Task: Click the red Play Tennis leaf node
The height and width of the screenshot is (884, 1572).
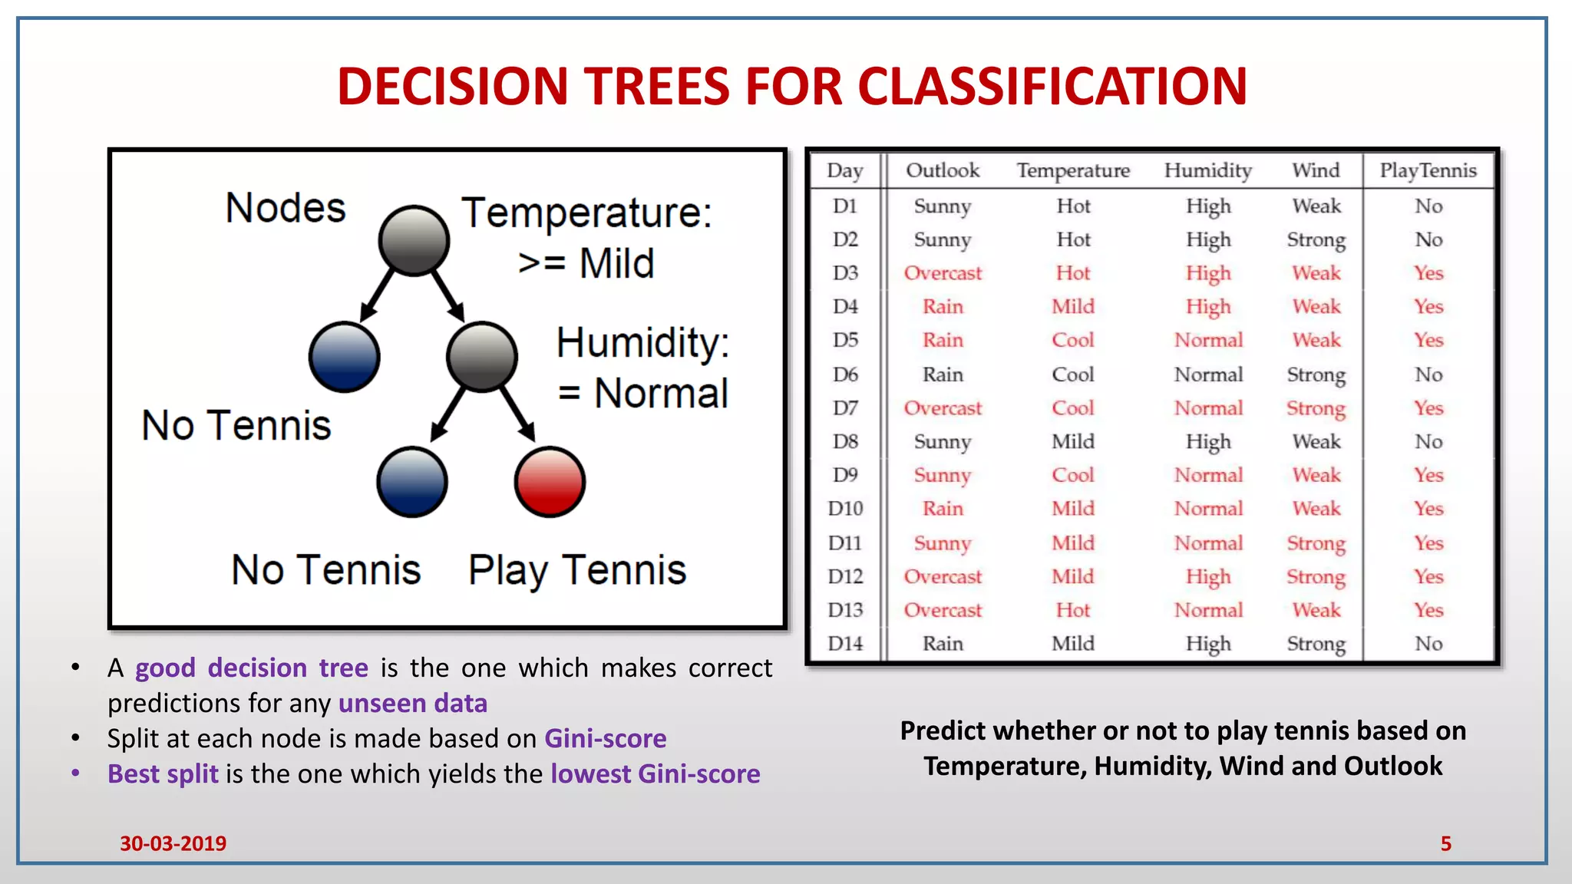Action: coord(550,482)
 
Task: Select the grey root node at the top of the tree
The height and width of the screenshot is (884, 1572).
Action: coord(414,240)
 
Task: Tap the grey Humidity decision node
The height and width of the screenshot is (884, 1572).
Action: coord(482,357)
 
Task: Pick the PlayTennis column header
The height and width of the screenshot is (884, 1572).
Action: coord(1428,170)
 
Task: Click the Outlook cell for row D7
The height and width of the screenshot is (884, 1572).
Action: coord(943,408)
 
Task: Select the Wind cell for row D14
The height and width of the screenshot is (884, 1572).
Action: coord(1316,644)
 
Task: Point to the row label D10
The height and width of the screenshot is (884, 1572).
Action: coord(845,509)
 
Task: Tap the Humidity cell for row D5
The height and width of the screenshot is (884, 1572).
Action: coord(1208,341)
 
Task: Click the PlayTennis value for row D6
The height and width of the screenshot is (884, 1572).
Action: coord(1428,374)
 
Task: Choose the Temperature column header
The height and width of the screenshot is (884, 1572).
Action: coord(1073,170)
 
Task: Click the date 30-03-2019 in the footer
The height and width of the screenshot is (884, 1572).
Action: coord(173,843)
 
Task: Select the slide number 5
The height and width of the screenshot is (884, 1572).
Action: coord(1445,843)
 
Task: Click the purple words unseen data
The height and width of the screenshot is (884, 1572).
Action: coord(413,703)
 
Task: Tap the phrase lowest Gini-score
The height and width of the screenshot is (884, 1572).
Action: coord(656,773)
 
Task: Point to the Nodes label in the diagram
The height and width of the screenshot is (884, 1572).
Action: coord(286,208)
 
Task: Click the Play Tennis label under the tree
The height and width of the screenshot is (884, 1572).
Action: coord(577,570)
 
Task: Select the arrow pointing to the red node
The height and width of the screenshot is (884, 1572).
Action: coord(518,414)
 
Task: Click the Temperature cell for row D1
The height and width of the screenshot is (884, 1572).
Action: coord(1073,206)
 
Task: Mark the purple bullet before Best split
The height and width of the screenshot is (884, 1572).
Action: coord(75,773)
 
